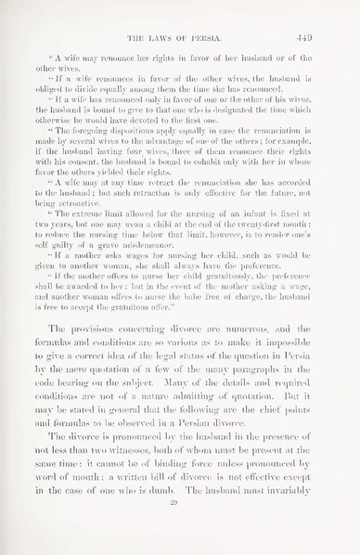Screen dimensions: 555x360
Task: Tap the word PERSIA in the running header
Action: click(216, 25)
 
